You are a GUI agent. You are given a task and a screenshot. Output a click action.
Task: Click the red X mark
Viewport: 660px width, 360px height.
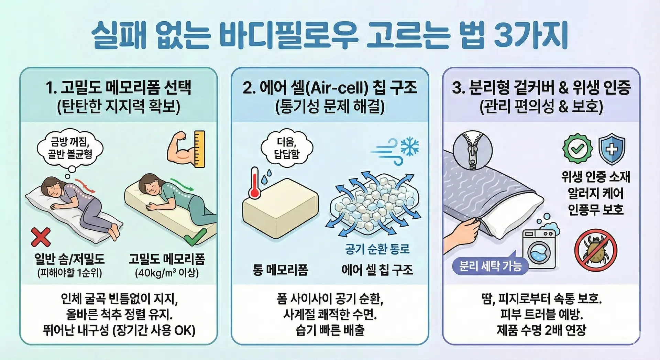[41, 237]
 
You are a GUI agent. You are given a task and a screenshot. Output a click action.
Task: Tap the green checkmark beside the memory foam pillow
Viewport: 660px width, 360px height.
[195, 236]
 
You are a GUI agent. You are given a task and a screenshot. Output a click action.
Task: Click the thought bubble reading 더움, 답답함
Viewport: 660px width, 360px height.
[287, 148]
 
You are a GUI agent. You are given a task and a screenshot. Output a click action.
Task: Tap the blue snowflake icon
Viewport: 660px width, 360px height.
[410, 147]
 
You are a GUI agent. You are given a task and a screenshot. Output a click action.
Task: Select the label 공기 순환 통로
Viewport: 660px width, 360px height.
[377, 249]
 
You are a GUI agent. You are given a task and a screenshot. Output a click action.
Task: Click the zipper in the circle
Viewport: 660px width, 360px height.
[472, 151]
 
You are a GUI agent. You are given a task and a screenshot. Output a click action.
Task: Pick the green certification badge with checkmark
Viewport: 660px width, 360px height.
[577, 149]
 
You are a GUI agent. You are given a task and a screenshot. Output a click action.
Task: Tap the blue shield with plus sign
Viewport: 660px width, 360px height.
[612, 150]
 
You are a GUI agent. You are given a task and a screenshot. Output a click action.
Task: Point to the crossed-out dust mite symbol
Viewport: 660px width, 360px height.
[596, 251]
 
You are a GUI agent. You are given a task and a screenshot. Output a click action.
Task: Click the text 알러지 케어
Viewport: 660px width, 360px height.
[595, 193]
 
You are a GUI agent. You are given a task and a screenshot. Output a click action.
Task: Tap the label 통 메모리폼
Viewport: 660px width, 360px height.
[280, 270]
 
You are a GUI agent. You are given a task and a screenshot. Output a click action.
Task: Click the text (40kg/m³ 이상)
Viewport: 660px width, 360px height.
[167, 273]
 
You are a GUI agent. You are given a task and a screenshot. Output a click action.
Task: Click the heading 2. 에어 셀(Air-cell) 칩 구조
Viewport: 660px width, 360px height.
[330, 88]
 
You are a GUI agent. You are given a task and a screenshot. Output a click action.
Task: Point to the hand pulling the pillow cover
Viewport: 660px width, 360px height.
[461, 233]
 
